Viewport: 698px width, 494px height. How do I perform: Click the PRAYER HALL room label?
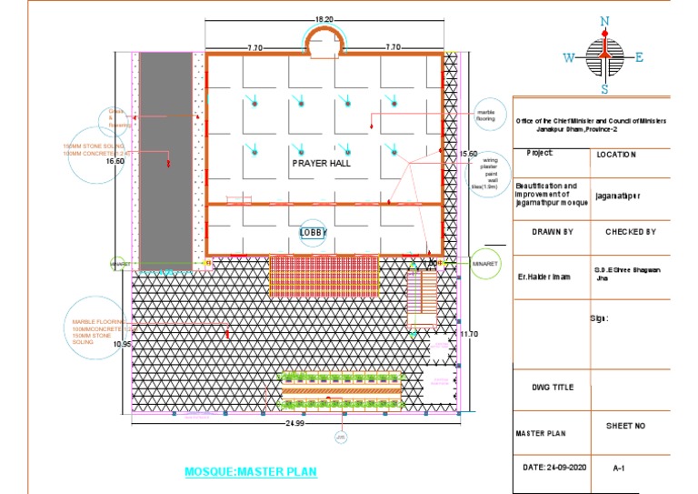[321, 163]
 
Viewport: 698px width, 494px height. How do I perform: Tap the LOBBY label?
[313, 233]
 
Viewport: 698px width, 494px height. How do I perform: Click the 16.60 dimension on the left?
[115, 161]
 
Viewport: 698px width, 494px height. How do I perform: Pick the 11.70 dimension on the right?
[469, 335]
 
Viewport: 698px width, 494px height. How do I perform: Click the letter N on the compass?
[604, 21]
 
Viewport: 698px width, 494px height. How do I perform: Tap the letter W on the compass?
[568, 58]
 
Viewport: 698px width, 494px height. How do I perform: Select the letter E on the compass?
[640, 58]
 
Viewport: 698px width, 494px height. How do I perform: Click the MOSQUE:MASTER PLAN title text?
[251, 473]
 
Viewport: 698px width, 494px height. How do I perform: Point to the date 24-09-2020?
[555, 467]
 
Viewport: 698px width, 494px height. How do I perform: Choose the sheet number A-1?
[619, 468]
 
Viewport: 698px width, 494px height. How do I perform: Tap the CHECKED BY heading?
[630, 232]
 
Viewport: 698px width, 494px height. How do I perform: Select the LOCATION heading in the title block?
[615, 155]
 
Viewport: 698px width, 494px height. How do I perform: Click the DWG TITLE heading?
[553, 388]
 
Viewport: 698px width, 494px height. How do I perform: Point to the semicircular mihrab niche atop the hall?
[324, 42]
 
